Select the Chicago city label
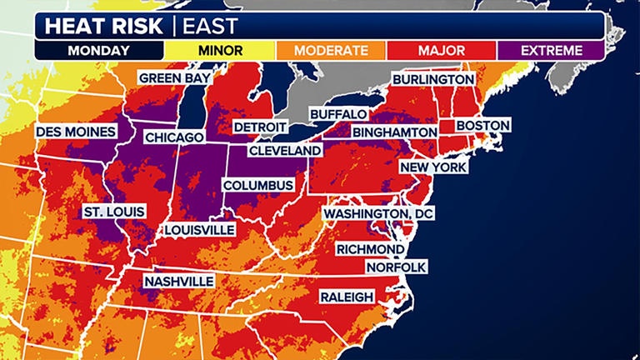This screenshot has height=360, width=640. pos(175,137)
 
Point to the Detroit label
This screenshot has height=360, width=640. pos(259,127)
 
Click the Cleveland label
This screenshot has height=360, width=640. pos(285,151)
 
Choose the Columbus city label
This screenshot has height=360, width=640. pos(257,185)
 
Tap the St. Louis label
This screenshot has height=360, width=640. pos(114,212)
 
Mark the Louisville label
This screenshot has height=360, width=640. pos(199,229)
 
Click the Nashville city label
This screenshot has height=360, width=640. pos(178,282)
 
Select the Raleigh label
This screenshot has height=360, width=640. pos(347,297)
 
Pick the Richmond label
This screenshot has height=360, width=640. pos(370,249)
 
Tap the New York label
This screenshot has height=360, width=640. pos(433,167)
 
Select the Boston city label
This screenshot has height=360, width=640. pos(483,127)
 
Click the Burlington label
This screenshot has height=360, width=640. pos(433,79)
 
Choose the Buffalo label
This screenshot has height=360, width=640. pos(338,113)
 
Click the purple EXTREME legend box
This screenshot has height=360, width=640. pos(551,50)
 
